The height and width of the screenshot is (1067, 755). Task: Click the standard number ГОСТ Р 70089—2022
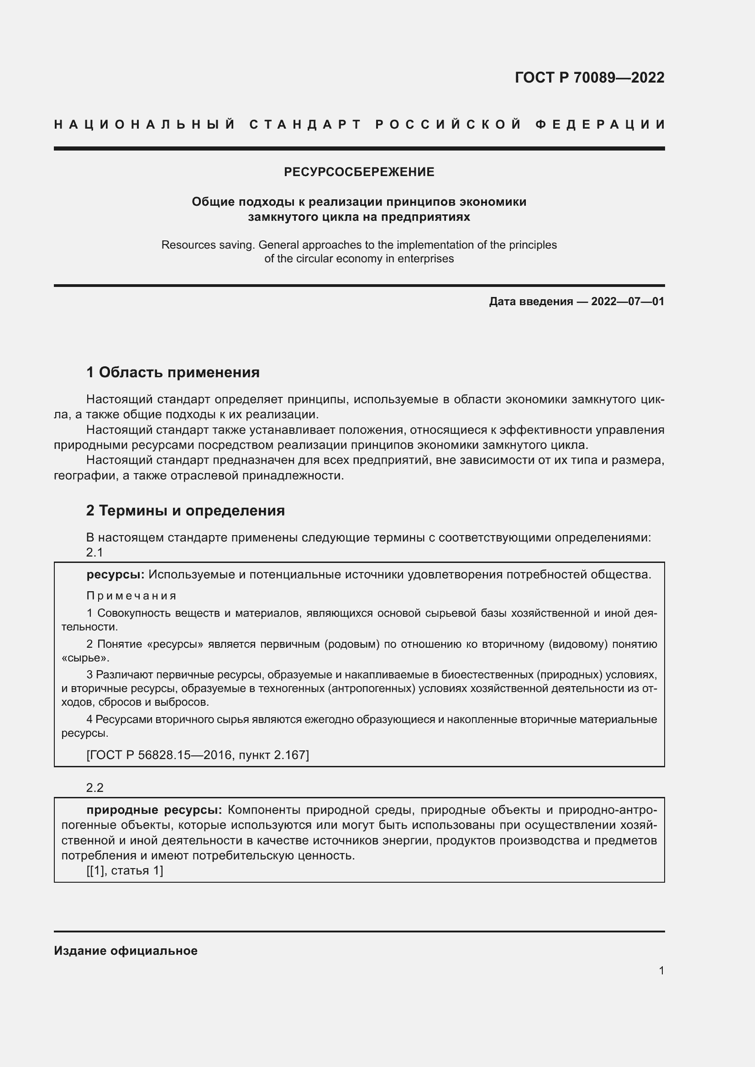589,77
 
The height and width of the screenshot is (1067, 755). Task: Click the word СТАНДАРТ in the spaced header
305,125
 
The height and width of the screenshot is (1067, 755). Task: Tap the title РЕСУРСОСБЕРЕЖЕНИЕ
359,172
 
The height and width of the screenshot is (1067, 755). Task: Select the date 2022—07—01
627,302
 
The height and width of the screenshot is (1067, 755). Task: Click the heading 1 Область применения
173,372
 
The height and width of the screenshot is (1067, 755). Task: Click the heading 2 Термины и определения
185,510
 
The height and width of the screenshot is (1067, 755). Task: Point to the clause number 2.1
94,552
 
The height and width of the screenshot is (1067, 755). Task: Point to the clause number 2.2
94,787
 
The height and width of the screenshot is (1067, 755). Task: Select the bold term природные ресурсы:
154,810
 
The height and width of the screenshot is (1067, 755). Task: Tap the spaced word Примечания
131,596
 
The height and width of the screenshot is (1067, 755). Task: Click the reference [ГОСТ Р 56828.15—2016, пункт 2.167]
198,755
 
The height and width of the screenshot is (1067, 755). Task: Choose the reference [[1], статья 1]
125,870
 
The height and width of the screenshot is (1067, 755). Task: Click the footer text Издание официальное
126,951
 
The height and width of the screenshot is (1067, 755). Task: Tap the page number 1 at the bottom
661,970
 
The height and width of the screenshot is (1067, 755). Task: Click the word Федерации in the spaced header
600,125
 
